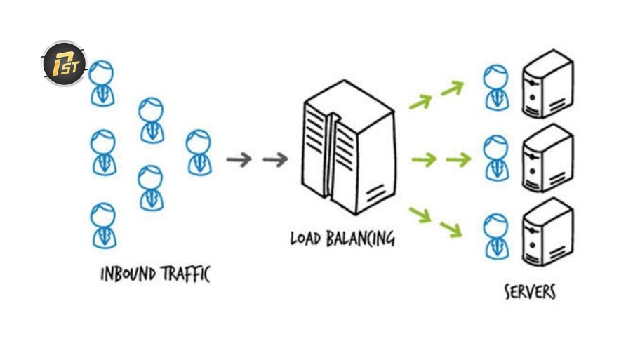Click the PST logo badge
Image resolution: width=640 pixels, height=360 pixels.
(64, 64)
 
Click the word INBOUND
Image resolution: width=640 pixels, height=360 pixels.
(128, 274)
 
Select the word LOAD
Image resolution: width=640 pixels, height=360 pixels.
(305, 239)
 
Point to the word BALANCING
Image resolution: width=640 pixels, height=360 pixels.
(361, 239)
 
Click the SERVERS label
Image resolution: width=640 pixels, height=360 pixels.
(530, 292)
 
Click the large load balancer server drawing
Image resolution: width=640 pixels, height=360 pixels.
(349, 147)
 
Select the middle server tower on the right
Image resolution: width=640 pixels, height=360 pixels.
(548, 158)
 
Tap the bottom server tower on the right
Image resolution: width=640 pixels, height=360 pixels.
(548, 232)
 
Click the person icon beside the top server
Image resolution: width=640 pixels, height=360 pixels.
(496, 87)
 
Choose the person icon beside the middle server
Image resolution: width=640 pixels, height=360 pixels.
(496, 158)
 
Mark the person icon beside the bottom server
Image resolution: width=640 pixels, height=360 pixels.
(496, 236)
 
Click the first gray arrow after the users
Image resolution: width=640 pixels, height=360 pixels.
(239, 159)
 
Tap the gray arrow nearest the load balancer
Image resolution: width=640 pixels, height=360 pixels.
(276, 159)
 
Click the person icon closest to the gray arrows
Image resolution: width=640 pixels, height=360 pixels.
(199, 153)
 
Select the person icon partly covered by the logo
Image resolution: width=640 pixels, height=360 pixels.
(102, 84)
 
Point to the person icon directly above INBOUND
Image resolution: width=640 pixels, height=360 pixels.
(104, 225)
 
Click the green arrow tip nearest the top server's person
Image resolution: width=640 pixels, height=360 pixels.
(463, 84)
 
